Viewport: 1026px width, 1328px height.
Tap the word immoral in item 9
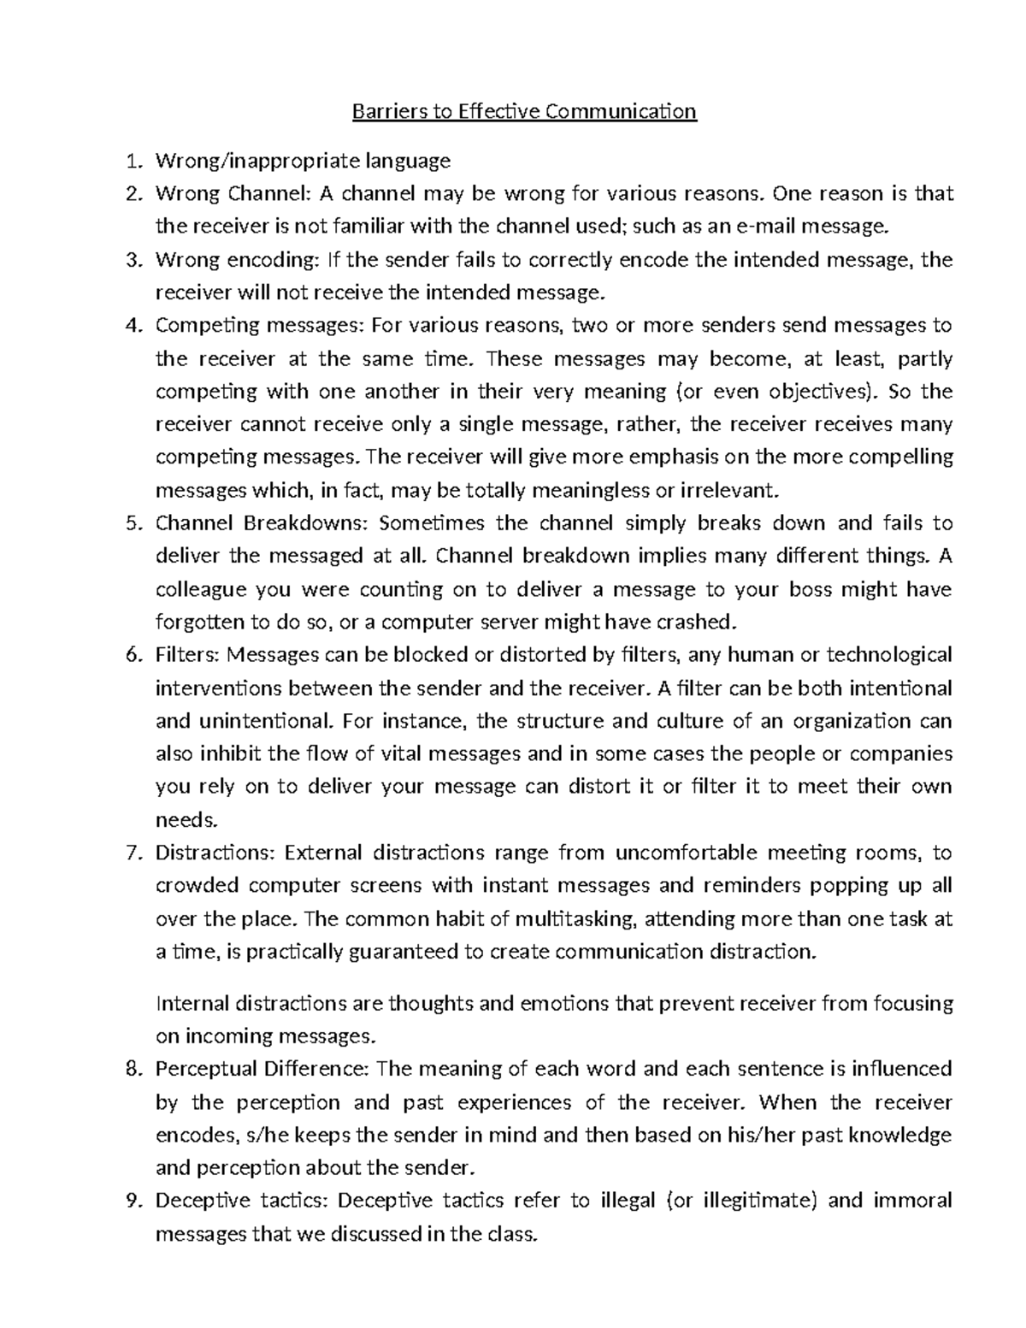[x=912, y=1201]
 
